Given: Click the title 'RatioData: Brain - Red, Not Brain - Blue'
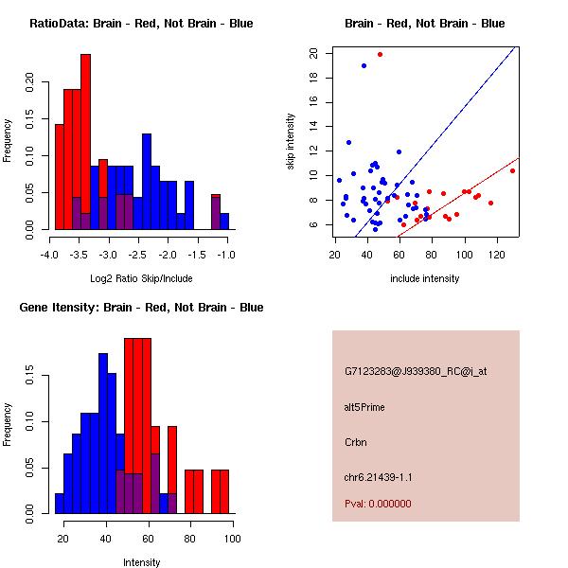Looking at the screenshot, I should pos(140,23).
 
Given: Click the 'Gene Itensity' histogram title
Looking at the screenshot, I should pos(140,307).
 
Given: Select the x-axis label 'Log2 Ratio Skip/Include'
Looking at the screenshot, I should pos(140,278).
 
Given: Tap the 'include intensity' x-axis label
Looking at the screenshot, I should pos(425,278).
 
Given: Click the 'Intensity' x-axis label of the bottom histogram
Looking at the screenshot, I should pos(141,562).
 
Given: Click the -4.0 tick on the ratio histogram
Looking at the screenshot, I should pos(50,255).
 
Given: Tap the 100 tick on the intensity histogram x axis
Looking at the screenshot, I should pos(228,539).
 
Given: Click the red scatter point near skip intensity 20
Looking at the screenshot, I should pos(380,54).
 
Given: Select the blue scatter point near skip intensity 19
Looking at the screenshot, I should pos(364,65).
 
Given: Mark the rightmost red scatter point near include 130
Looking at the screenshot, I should pos(512,170).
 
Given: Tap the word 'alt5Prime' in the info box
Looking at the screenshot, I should pos(364,407).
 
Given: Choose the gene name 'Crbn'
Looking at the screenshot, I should pos(355,441).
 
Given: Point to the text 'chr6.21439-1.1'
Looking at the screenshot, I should pos(378,476).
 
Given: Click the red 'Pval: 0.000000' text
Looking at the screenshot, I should pos(378,504).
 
